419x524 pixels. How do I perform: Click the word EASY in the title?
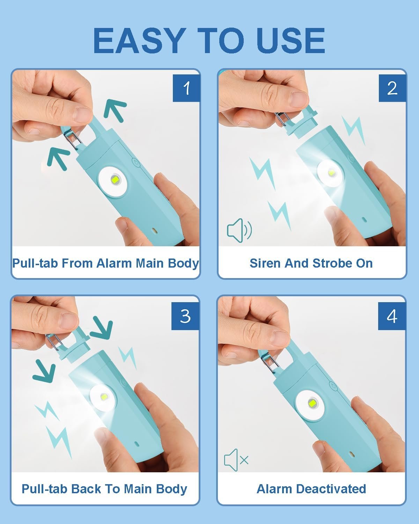(x=139, y=40)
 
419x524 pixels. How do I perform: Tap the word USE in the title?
(x=291, y=40)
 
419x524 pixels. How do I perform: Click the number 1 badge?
(x=186, y=88)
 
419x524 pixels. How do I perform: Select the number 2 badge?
(x=392, y=88)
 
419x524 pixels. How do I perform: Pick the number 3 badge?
(x=185, y=316)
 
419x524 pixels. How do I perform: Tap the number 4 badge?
(x=392, y=316)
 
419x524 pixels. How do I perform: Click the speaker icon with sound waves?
(x=239, y=230)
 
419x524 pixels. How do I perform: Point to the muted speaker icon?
(x=236, y=460)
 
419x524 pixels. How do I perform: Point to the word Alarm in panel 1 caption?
(x=115, y=263)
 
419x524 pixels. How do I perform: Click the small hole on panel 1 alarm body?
(x=154, y=230)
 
